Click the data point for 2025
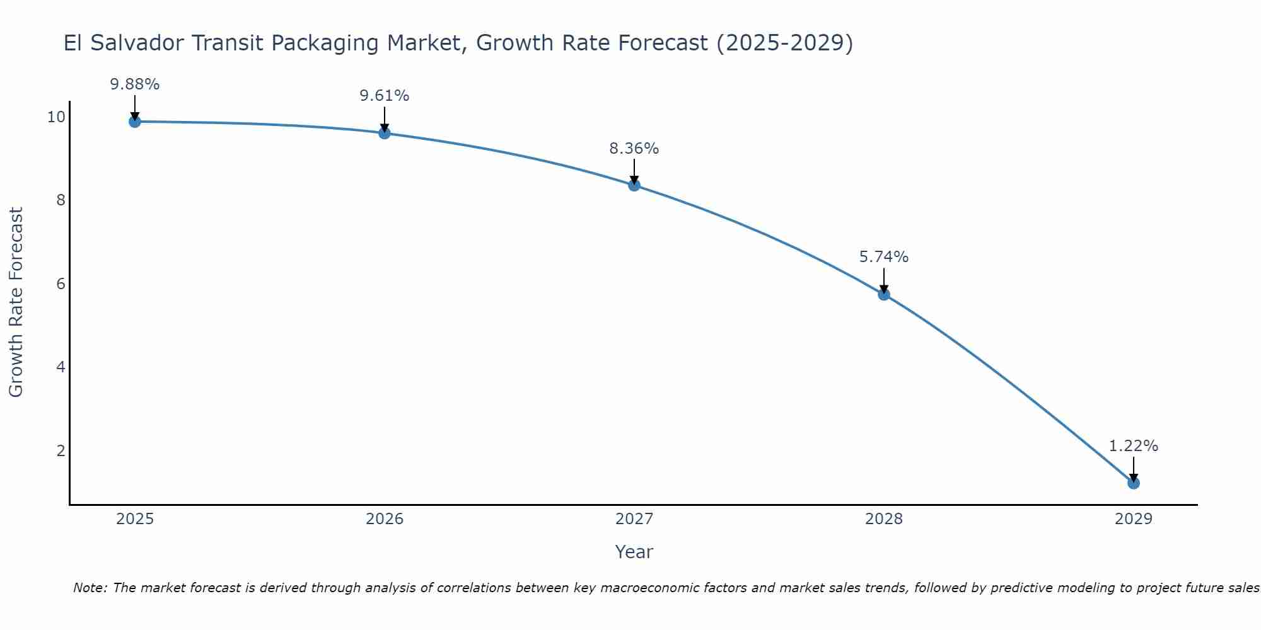point(134,122)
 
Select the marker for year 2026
point(385,133)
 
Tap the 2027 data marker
point(634,185)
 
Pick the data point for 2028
point(884,294)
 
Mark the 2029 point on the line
point(1134,483)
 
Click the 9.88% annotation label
point(134,84)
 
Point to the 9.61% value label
point(385,96)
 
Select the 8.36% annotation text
point(634,149)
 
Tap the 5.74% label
point(884,257)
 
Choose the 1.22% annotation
point(1134,446)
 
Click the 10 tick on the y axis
point(56,117)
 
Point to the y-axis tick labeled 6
point(61,284)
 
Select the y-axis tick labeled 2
point(61,451)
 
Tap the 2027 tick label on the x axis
point(634,519)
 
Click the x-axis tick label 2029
point(1134,519)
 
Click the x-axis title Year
point(634,552)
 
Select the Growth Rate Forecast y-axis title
point(16,302)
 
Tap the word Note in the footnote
point(90,588)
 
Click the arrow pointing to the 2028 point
point(884,280)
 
